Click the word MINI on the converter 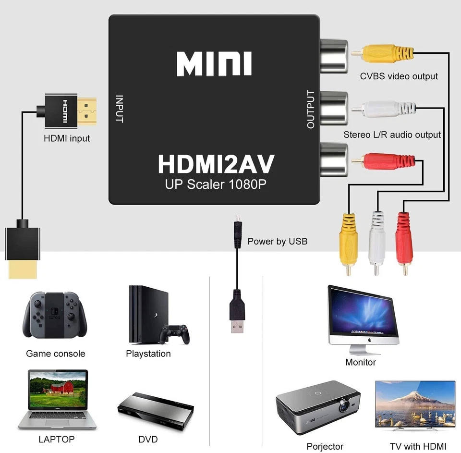click(x=214, y=64)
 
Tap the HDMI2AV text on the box click(x=216, y=164)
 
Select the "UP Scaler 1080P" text click(x=216, y=184)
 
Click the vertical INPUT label click(x=120, y=109)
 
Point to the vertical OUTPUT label click(x=311, y=110)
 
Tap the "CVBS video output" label click(x=399, y=76)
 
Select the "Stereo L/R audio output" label click(x=392, y=135)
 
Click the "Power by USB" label click(x=277, y=241)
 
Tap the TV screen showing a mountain click(x=415, y=402)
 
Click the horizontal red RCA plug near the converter click(x=384, y=159)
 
